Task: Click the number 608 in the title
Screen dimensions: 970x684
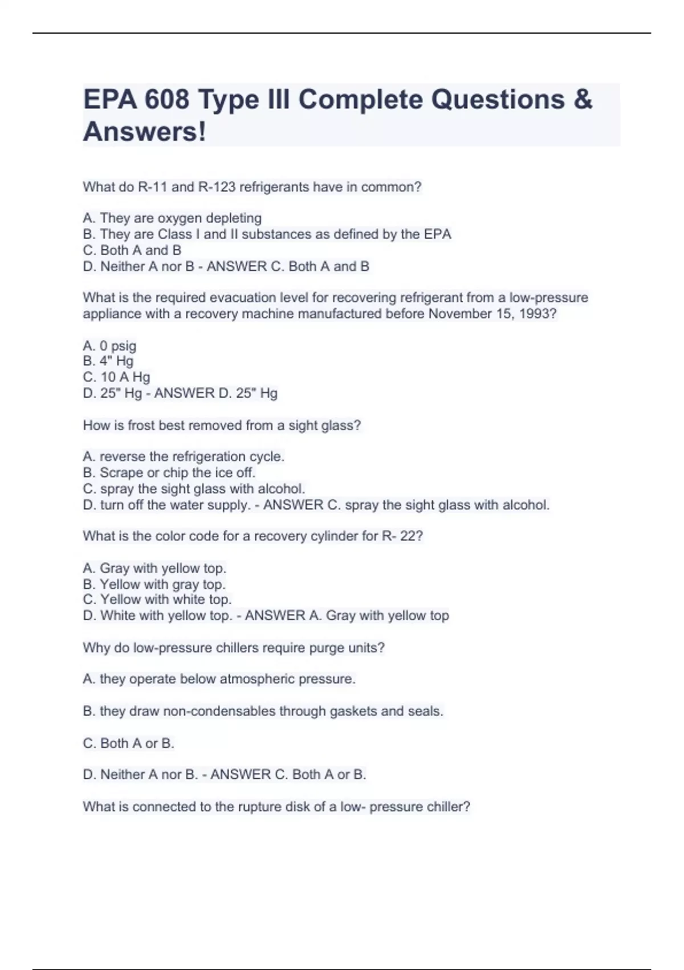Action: [166, 100]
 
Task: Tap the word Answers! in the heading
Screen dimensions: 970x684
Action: [144, 132]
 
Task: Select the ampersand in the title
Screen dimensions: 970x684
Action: [583, 100]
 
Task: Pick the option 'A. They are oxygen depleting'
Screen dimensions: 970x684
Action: [172, 218]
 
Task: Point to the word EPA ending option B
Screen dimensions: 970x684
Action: [437, 235]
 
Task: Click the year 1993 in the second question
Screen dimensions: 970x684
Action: [537, 314]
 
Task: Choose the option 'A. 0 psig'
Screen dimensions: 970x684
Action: [109, 346]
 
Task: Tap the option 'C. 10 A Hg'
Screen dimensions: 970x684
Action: [116, 377]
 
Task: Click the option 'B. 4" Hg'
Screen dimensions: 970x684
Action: [108, 361]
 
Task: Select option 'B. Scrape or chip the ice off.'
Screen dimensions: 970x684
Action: [169, 473]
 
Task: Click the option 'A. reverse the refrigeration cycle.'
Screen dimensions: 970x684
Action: [184, 457]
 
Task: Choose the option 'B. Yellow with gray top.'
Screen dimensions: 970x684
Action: [154, 584]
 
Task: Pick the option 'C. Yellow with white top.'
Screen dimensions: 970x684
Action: [157, 600]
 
